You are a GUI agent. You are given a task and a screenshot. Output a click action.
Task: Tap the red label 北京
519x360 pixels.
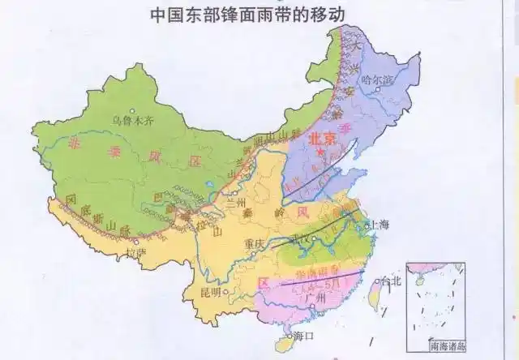click(x=322, y=139)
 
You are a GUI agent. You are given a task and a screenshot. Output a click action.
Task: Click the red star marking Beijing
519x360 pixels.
click(x=321, y=152)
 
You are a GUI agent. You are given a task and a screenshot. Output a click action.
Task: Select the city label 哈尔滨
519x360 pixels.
click(x=377, y=80)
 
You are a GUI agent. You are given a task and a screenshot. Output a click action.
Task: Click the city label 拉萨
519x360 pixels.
click(x=136, y=252)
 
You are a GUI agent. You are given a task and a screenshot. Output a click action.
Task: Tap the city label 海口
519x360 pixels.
click(x=302, y=335)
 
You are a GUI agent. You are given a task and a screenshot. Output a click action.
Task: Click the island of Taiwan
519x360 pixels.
click(x=375, y=294)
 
